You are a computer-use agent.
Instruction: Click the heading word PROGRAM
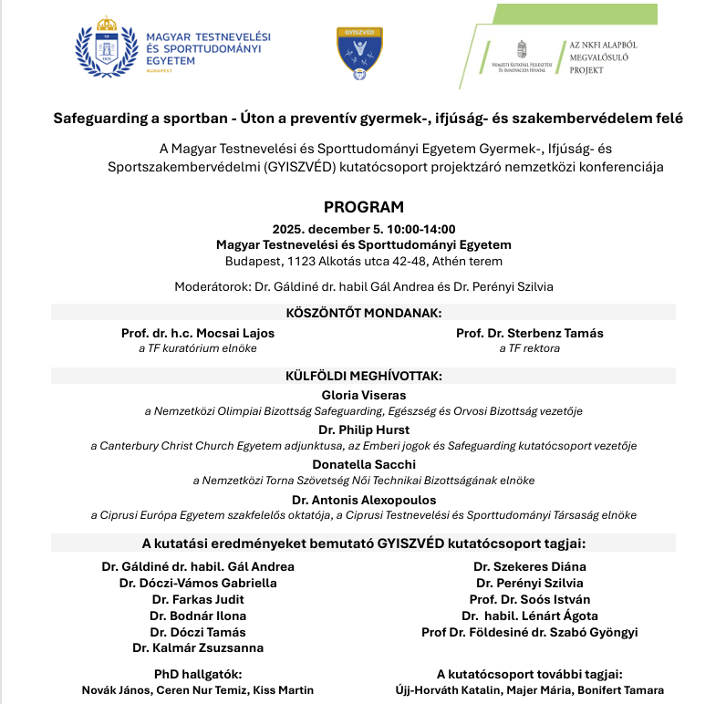tap(363, 207)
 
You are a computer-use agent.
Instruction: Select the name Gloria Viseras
tap(364, 395)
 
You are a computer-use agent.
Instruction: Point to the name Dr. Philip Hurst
tap(363, 430)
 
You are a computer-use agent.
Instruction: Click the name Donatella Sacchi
tap(363, 464)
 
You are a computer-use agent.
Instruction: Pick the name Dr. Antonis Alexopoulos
tap(363, 500)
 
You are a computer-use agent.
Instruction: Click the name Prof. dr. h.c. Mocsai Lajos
tap(198, 333)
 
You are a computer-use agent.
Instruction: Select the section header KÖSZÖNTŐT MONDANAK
tap(363, 312)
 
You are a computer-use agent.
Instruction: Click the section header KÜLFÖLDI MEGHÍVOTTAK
tap(363, 375)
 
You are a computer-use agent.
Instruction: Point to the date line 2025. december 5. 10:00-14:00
tap(363, 229)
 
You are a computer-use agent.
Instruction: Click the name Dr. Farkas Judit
tap(198, 599)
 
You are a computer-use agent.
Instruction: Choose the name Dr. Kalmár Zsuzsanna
tap(198, 647)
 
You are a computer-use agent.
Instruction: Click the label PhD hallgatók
tap(198, 674)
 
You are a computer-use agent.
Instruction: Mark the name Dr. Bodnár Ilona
tap(198, 616)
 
